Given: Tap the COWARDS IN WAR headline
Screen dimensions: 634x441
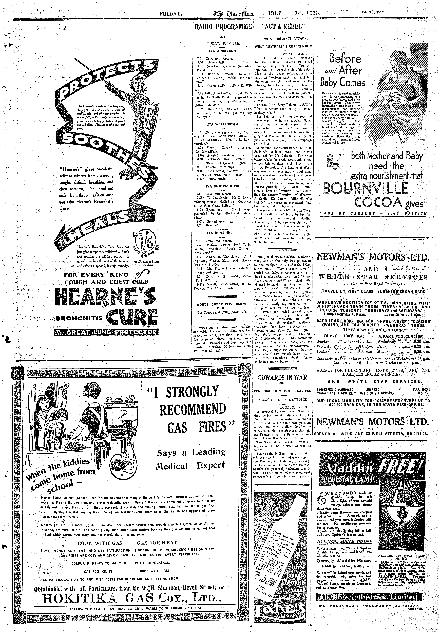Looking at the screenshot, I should pyautogui.click(x=283, y=377).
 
